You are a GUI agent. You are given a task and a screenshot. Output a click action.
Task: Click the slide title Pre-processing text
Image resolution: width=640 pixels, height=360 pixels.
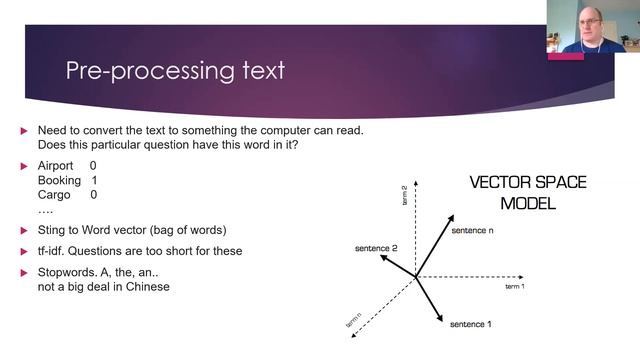(x=174, y=71)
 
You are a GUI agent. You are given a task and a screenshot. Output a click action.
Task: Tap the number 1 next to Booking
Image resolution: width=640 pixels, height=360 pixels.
(x=94, y=180)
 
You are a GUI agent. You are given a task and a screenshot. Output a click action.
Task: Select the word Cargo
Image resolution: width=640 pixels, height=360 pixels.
(x=54, y=195)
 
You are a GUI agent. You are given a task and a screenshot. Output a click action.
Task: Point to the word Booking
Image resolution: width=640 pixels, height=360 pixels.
(x=59, y=180)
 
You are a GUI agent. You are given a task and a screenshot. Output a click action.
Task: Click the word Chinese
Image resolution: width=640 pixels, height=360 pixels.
(x=146, y=287)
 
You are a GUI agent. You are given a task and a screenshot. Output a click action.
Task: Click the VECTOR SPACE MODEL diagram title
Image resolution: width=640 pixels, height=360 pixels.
(x=528, y=193)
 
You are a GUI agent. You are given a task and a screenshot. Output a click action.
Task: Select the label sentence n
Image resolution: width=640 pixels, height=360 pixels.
(x=474, y=231)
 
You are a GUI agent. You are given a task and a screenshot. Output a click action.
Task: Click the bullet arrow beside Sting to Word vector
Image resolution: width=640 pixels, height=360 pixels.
(x=25, y=229)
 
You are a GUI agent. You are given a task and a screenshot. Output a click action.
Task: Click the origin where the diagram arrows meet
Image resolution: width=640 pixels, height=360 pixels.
(x=416, y=277)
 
